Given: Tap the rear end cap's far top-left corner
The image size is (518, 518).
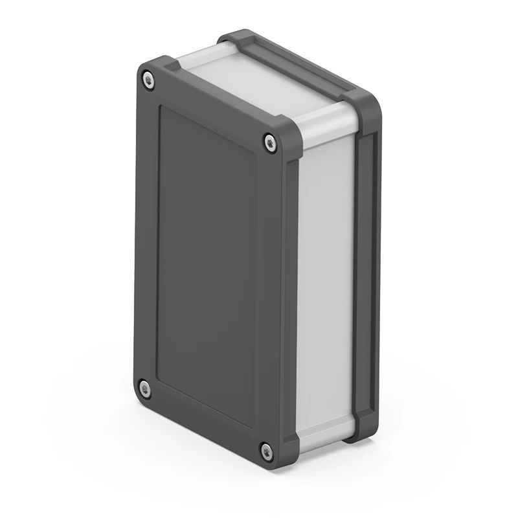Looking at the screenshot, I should coord(233,36).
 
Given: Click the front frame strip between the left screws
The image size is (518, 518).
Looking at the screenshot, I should coord(145,233).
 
